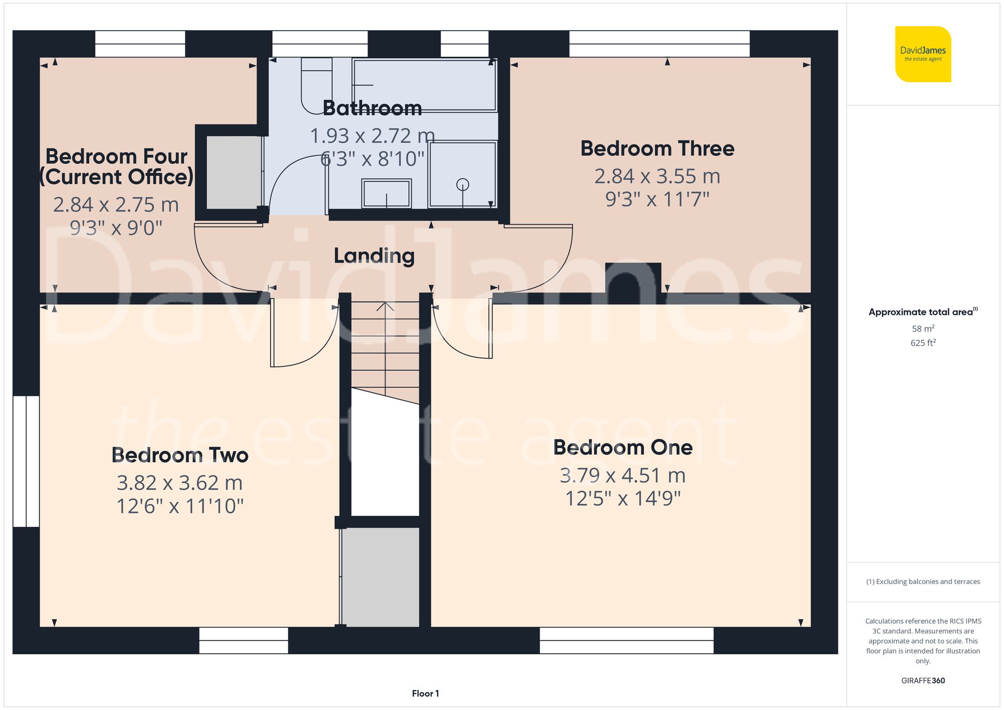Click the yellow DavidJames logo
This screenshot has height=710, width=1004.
point(923,54)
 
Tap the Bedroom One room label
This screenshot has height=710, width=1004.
point(622,447)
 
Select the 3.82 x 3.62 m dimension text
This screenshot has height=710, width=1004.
point(180,483)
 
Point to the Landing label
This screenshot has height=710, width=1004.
point(374,255)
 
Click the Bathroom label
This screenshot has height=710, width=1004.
point(372,108)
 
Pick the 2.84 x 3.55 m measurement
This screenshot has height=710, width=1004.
point(657,176)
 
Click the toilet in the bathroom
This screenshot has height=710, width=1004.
point(316,85)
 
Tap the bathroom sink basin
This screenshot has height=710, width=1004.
point(386,193)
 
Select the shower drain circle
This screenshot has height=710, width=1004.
point(462,185)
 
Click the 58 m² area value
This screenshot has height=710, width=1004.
point(923,329)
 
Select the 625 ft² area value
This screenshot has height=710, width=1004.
point(923,343)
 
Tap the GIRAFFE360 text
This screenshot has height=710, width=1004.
point(923,680)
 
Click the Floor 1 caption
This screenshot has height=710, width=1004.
point(425,693)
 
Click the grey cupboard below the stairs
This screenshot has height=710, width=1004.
point(381,576)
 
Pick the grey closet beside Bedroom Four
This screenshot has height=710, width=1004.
point(234,172)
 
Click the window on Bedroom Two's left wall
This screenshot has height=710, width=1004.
point(26,461)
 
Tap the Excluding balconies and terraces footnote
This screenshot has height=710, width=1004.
point(923,582)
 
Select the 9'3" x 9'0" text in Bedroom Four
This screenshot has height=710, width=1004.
point(116,228)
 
